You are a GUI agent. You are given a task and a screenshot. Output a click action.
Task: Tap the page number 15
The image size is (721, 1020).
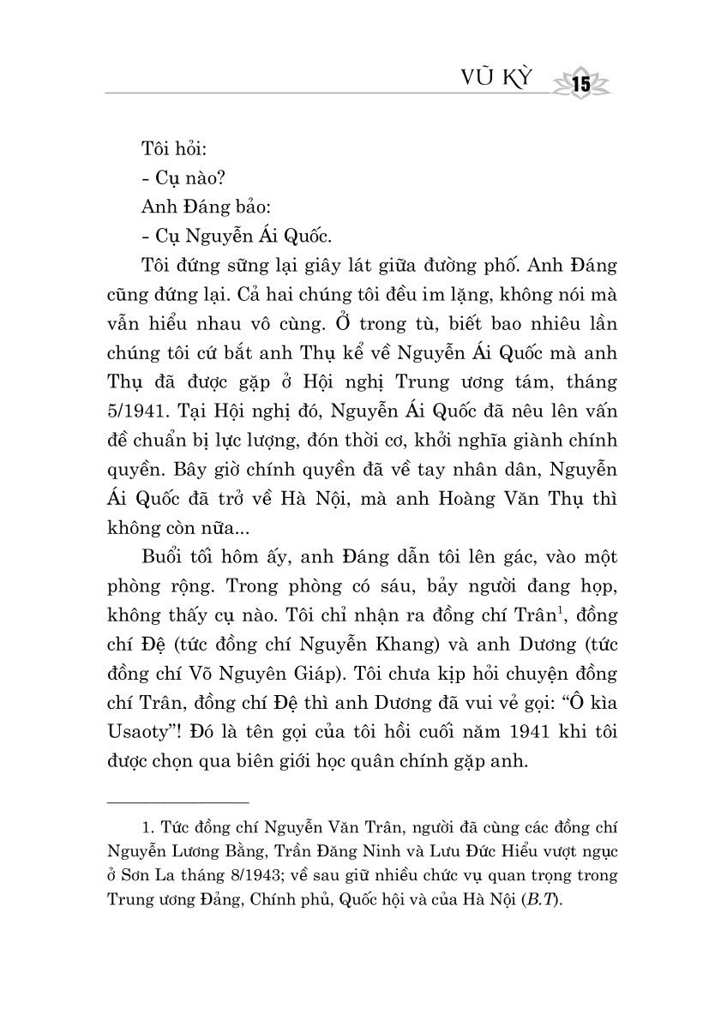click(580, 84)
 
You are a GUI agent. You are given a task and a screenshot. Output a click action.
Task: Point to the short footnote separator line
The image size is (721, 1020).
click(177, 802)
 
